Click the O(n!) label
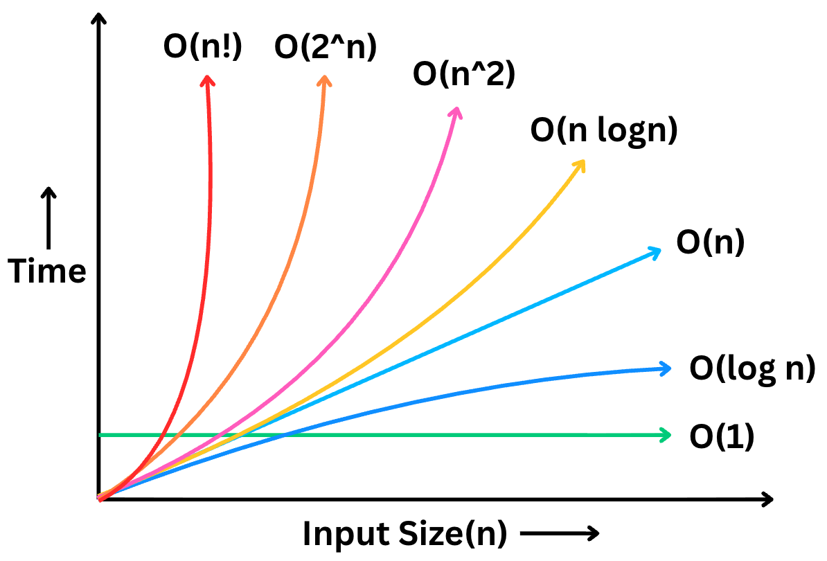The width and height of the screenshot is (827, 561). [202, 47]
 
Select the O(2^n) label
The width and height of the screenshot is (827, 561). [326, 47]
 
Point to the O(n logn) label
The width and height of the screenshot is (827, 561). [603, 130]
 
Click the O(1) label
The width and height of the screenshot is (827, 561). [721, 437]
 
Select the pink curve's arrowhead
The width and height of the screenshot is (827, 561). [456, 112]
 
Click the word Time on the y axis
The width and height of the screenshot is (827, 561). [47, 271]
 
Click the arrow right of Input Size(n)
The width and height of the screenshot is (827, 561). [558, 534]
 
